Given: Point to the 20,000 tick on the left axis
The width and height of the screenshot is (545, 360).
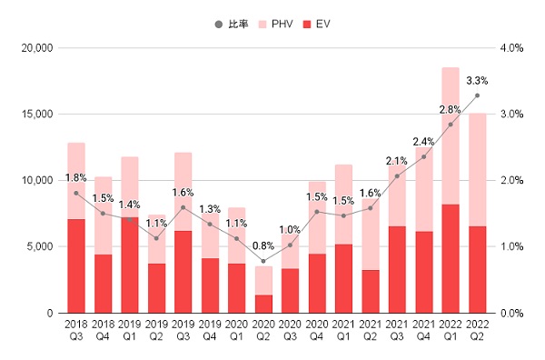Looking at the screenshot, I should click(x=36, y=47).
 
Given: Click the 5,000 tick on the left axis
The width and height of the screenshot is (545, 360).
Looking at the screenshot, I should click(x=40, y=246).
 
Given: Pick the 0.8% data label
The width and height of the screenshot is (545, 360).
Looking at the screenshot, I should click(x=264, y=245).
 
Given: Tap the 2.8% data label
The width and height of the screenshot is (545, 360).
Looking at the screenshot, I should click(x=451, y=109).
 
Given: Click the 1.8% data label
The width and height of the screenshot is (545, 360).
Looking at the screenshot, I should click(x=76, y=177).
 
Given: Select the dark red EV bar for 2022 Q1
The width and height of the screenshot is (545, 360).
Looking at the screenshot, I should click(x=451, y=259).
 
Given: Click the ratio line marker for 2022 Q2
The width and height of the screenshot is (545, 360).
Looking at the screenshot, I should click(x=477, y=95).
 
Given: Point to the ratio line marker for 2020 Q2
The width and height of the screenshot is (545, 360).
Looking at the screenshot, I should click(x=263, y=261).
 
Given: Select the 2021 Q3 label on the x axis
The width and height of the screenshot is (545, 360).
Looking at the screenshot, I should click(x=397, y=328).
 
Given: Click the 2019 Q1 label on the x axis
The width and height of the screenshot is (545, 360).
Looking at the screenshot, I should click(x=130, y=328).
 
